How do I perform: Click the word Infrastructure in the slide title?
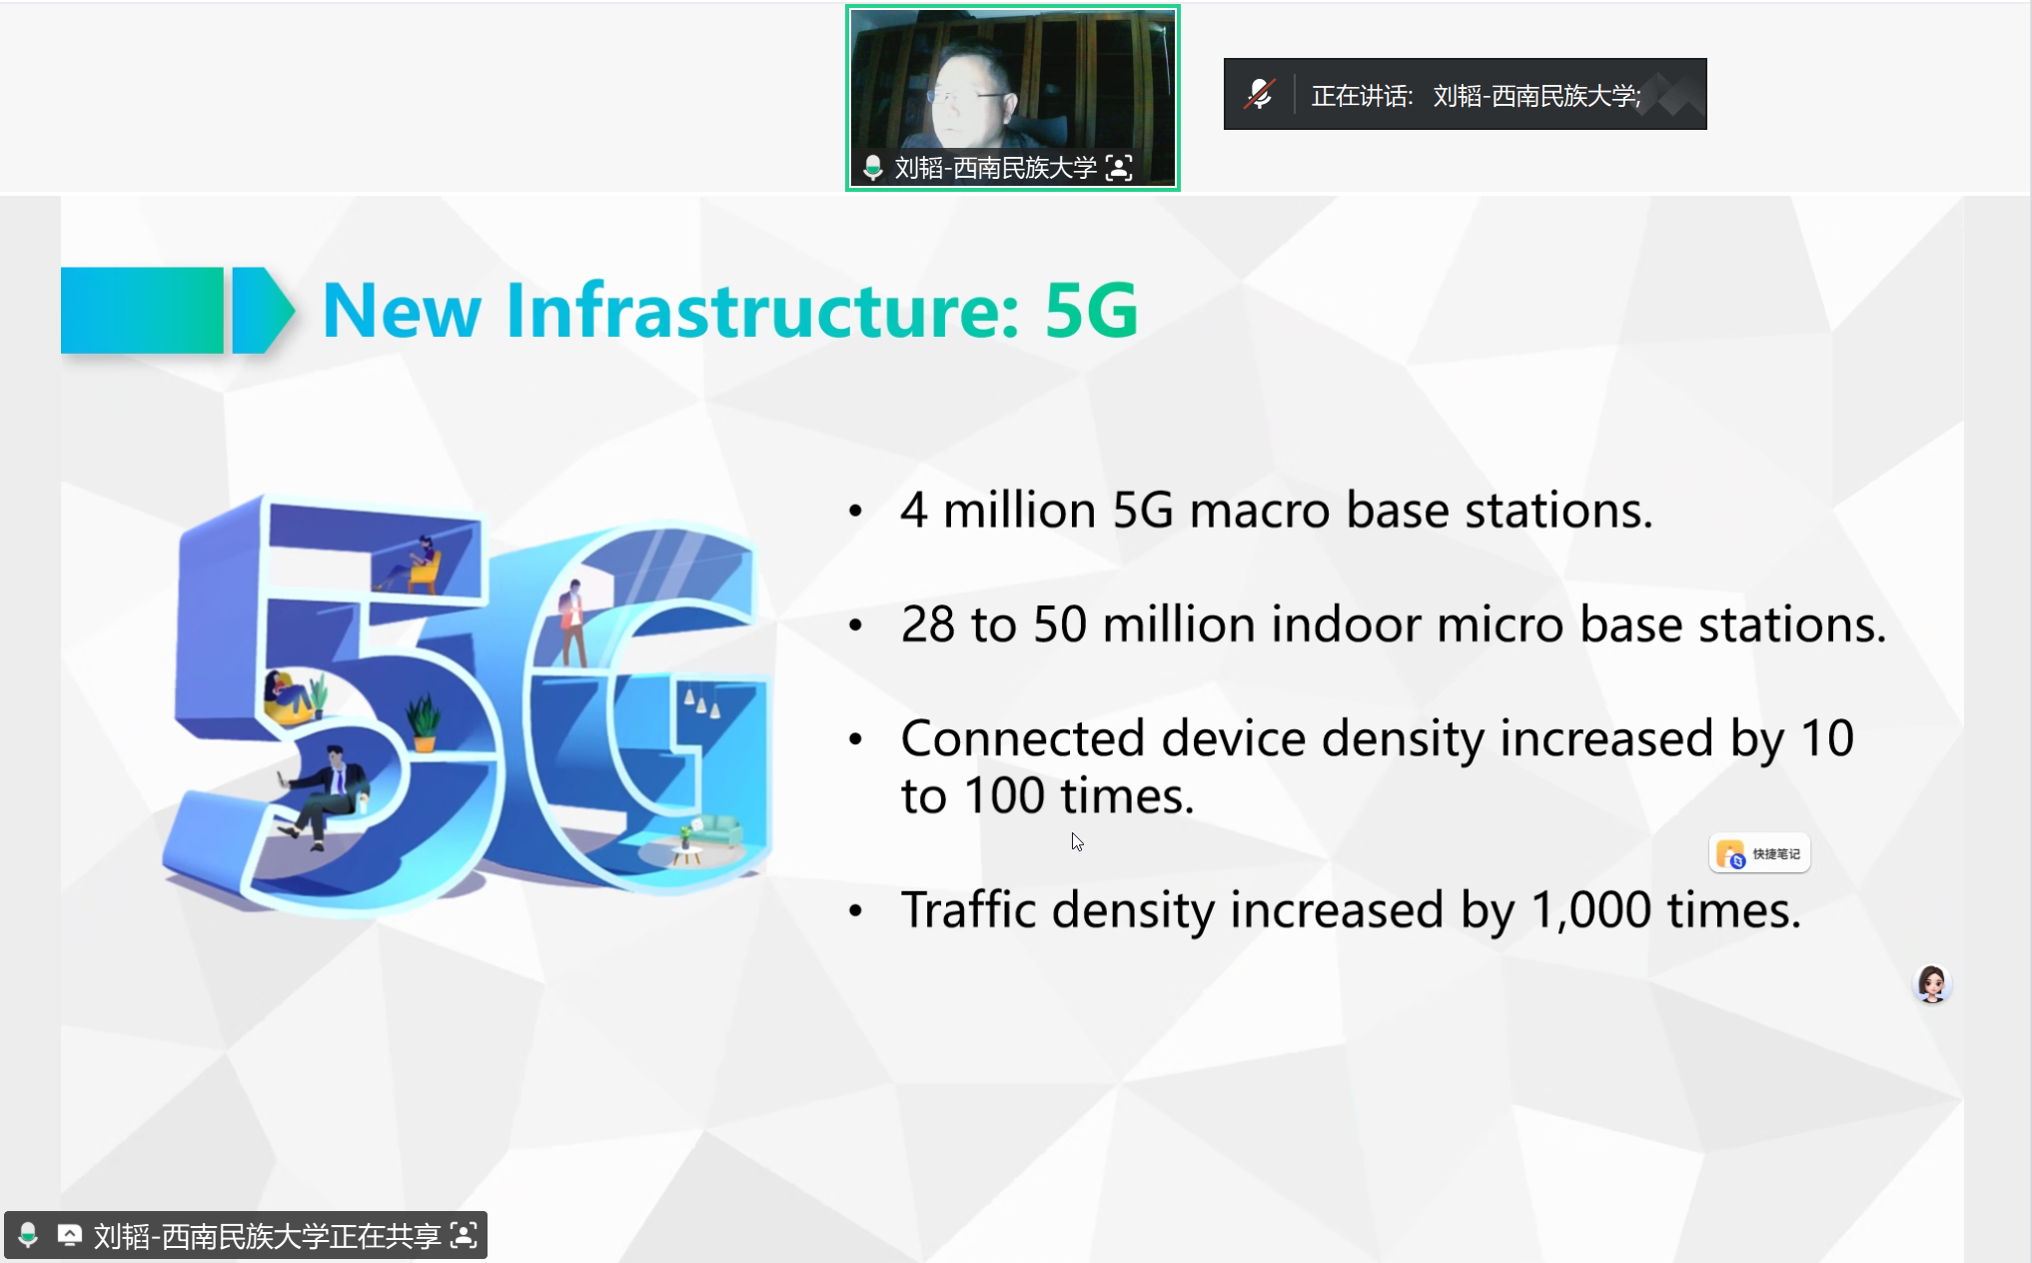click(x=763, y=310)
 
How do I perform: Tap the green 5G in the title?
click(x=1091, y=311)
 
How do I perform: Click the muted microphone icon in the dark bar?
click(x=1259, y=95)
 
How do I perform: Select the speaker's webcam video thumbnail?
click(x=1012, y=97)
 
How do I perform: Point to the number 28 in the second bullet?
click(x=927, y=625)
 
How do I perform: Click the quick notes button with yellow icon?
click(x=1759, y=853)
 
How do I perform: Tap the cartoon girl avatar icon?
click(x=1932, y=984)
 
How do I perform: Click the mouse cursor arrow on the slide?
click(x=1077, y=842)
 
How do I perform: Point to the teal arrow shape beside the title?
click(x=264, y=310)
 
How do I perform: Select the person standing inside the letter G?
click(x=573, y=622)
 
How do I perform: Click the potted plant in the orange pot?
click(x=424, y=721)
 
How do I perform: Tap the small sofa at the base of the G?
click(x=715, y=830)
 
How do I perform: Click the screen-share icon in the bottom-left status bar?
click(x=69, y=1236)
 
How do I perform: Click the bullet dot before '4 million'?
click(x=855, y=512)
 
